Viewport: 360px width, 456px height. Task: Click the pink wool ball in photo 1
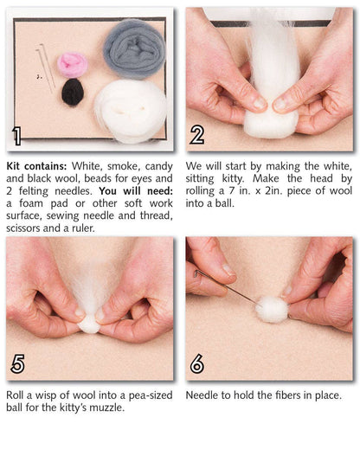73,63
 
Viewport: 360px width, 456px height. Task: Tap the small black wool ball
73,92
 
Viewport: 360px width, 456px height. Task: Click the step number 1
16,136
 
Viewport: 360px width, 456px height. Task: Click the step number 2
197,136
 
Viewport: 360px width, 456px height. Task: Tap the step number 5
16,364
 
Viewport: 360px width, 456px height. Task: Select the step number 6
197,364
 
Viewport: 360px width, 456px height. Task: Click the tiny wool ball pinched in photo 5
88,324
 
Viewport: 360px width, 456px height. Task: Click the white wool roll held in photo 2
268,87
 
